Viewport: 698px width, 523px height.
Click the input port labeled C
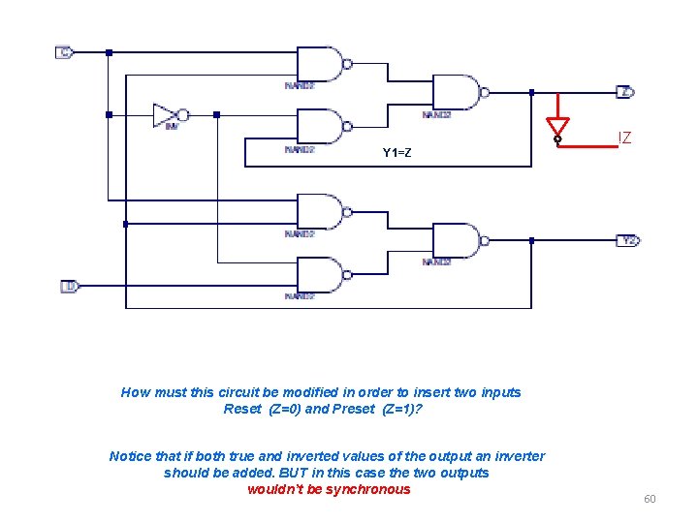(x=64, y=52)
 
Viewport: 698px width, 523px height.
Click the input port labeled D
(x=69, y=287)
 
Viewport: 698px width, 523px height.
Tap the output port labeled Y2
(x=628, y=240)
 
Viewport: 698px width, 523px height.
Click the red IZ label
(x=624, y=138)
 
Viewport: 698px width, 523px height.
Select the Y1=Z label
(x=397, y=153)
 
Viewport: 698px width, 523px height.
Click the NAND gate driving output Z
(x=457, y=93)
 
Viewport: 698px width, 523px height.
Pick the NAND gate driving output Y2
(x=457, y=240)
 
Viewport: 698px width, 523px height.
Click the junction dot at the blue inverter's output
(x=216, y=114)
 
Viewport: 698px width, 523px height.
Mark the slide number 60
(x=650, y=499)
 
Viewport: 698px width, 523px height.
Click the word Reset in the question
(x=242, y=409)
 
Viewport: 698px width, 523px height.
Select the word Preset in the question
(x=352, y=409)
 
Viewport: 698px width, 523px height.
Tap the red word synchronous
(x=366, y=489)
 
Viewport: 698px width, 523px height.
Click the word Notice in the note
(x=131, y=456)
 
